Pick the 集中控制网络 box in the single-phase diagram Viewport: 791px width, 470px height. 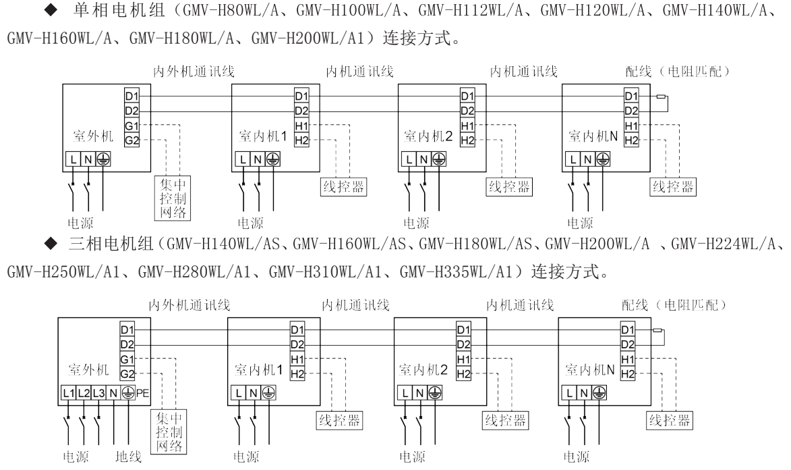tap(171, 198)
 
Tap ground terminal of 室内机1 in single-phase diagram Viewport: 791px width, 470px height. tap(272, 159)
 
